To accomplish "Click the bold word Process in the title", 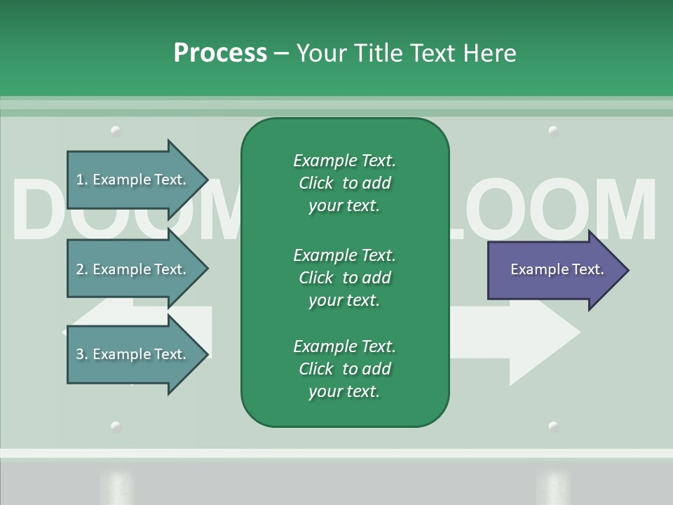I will click(220, 53).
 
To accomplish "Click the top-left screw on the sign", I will click(116, 130).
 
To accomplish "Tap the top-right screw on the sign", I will click(553, 130).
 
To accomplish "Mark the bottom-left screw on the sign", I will click(116, 426).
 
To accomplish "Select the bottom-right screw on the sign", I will click(553, 426).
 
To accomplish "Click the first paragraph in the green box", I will click(344, 183).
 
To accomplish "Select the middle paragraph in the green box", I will click(344, 277).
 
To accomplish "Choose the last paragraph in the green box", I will click(344, 369).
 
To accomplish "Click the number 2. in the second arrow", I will click(82, 269).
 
